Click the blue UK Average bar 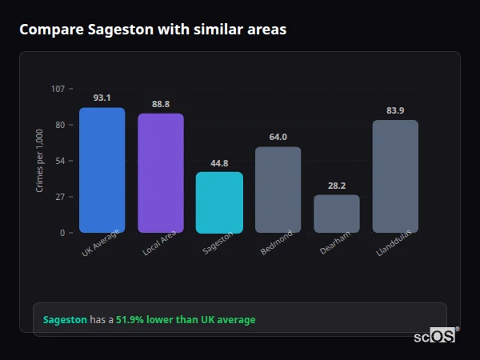click(102, 170)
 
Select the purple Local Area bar click(161, 174)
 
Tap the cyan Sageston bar click(219, 202)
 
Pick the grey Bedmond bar click(278, 190)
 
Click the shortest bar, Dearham click(337, 214)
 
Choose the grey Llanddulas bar click(395, 177)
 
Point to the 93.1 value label click(102, 98)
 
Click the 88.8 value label click(161, 104)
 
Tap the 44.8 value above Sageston click(219, 162)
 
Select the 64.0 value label click(278, 137)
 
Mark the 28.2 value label click(337, 186)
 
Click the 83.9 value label click(395, 110)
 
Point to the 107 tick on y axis click(58, 89)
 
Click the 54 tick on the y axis click(60, 161)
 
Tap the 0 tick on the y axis click(62, 233)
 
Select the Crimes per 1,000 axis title click(39, 160)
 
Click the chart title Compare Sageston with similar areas click(153, 30)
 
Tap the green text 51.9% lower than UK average click(186, 320)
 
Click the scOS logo click(435, 336)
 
